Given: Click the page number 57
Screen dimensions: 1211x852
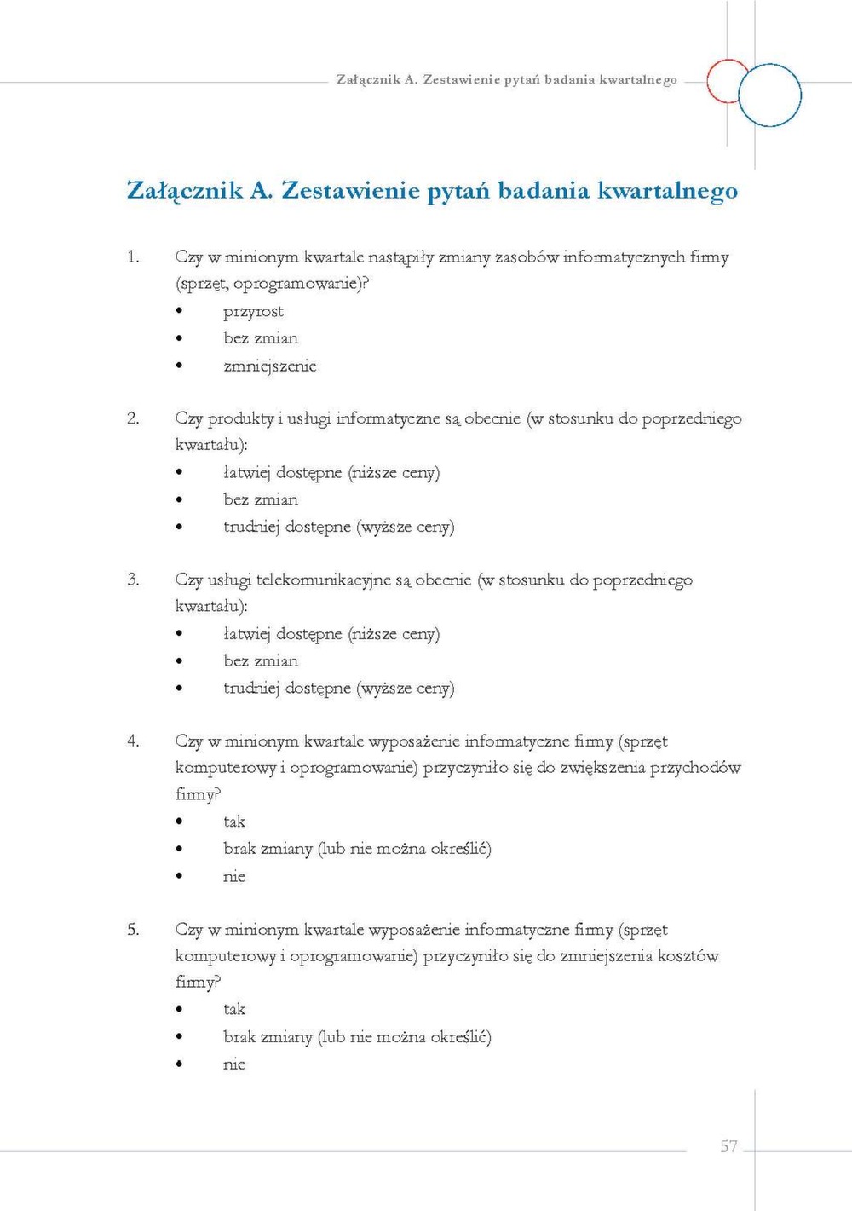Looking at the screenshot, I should pos(728,1146).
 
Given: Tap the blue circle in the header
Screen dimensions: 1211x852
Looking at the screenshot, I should pos(769,95).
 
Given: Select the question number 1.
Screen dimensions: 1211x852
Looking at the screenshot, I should pos(133,257).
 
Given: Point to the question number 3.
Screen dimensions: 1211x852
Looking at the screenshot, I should pos(133,580).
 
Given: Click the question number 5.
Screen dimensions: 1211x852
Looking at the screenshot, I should pos(133,929).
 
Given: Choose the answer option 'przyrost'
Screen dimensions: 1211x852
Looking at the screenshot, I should pos(253,312).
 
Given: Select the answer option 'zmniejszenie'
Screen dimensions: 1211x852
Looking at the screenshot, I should pos(269,366).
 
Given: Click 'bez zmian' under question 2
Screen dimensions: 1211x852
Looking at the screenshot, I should pos(261,499).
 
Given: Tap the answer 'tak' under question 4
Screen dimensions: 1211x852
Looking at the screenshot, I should pos(234,822).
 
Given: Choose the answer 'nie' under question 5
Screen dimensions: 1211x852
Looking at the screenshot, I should pos(234,1064).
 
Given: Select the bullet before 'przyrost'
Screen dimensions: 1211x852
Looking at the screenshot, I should pos(179,312).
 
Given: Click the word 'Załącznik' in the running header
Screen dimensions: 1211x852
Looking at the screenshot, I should pos(368,79).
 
